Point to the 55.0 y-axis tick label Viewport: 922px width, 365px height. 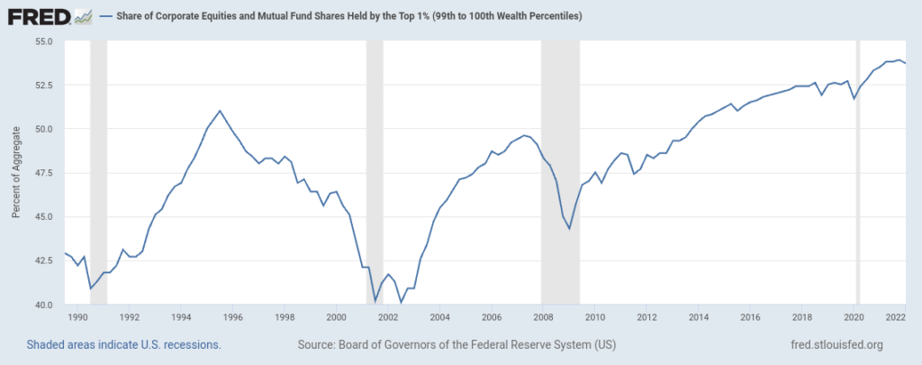[x=43, y=41]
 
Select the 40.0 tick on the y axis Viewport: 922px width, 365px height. [x=43, y=305]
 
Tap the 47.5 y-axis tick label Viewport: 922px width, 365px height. [x=43, y=173]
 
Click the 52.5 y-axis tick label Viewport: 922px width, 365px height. [x=43, y=86]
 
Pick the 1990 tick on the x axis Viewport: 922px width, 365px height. [x=77, y=317]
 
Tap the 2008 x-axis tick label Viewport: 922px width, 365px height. [x=543, y=317]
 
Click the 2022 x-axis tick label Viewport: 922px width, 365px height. [x=895, y=317]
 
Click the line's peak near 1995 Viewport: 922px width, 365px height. [x=220, y=111]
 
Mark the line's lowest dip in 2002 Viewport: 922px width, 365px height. [x=401, y=303]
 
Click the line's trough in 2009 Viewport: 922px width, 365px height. [x=569, y=229]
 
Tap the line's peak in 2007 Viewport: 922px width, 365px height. [x=524, y=135]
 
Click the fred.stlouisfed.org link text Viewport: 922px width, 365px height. [x=835, y=344]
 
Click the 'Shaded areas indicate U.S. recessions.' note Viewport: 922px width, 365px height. [x=123, y=344]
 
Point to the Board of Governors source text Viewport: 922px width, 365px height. [x=456, y=344]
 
